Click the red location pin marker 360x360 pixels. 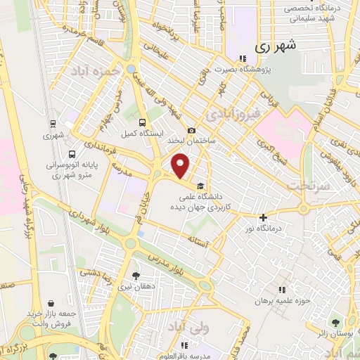tap(181, 166)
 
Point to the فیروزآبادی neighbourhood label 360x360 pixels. tap(235, 112)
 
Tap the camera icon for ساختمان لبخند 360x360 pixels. tap(191, 131)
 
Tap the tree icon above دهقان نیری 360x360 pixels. tap(136, 276)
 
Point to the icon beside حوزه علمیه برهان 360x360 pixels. tap(282, 290)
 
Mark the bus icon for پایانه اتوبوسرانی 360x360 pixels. tap(72, 154)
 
